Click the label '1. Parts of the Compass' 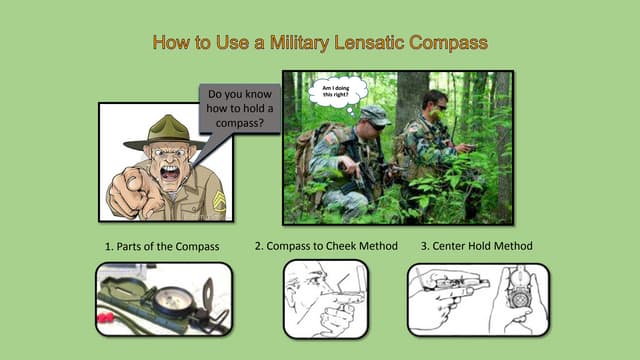(x=162, y=246)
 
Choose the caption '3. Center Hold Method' (x=476, y=246)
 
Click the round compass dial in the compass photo (x=174, y=299)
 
